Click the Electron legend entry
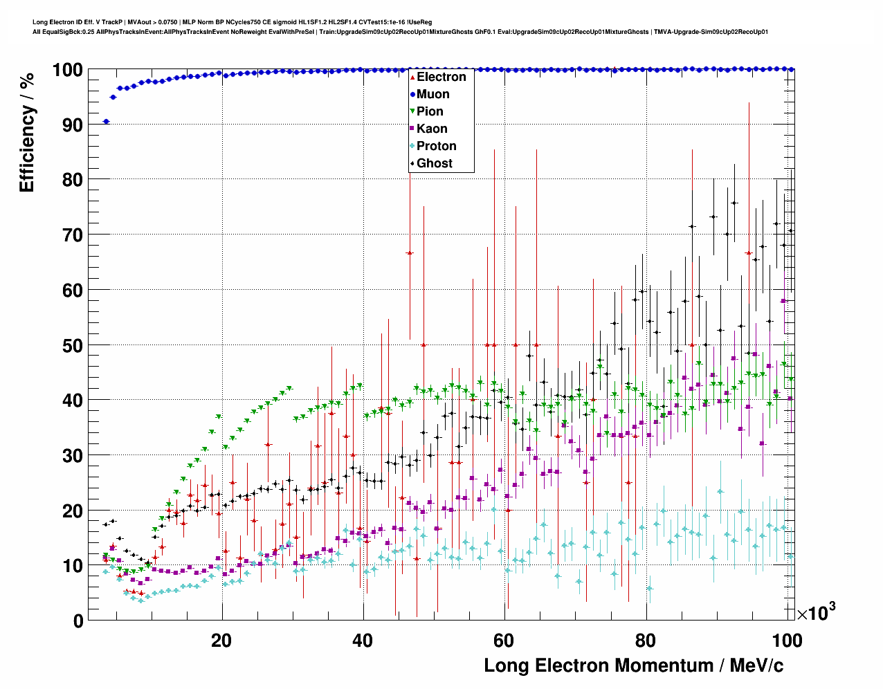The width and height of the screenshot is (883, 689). tap(441, 77)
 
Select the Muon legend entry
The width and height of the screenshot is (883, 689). tap(433, 94)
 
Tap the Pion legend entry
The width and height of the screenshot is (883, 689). tap(430, 111)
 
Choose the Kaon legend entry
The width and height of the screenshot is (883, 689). tap(432, 129)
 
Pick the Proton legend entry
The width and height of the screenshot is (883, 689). tap(436, 146)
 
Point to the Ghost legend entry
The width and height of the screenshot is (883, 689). tap(434, 163)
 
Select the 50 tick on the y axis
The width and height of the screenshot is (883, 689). tap(73, 345)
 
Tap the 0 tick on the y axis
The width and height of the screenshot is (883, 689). tap(78, 621)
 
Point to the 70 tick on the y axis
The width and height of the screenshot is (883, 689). tap(73, 235)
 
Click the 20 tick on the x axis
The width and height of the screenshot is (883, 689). tap(221, 640)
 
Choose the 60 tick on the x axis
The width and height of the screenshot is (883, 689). tap(504, 640)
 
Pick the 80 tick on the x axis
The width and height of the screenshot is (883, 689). tap(645, 640)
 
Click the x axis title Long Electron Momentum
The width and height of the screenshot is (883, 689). tap(633, 665)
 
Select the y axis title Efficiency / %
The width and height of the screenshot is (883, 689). tap(27, 131)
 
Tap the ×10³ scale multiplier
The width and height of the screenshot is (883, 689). tap(816, 612)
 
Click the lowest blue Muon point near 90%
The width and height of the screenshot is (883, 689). tap(106, 122)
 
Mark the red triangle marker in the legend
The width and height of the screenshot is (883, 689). tap(412, 77)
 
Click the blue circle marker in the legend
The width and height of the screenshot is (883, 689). tap(412, 94)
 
